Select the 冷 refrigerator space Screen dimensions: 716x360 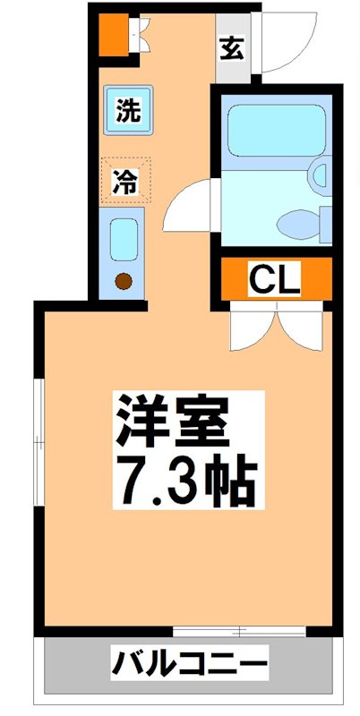pyautogui.click(x=125, y=182)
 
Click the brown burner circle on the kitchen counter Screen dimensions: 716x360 pyautogui.click(x=124, y=282)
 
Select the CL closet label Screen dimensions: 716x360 pyautogui.click(x=273, y=278)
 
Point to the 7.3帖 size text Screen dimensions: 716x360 pyautogui.click(x=184, y=482)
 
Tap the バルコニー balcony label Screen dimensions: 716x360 pyautogui.click(x=189, y=666)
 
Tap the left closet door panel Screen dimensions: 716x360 pyautogui.click(x=254, y=328)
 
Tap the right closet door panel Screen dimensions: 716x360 pyautogui.click(x=299, y=328)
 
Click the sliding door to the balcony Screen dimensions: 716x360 pyautogui.click(x=239, y=631)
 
